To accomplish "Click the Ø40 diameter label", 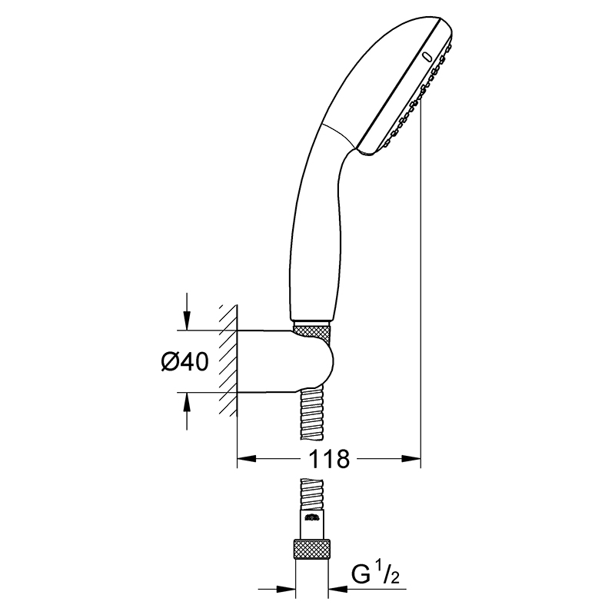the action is [184, 361].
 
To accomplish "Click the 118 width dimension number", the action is [329, 458].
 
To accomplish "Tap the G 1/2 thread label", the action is [374, 574].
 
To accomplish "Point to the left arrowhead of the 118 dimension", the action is [247, 457].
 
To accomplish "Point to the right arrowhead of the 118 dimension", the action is [411, 457].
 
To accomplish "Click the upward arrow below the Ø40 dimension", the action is [187, 411].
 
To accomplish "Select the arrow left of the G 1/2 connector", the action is [277, 589].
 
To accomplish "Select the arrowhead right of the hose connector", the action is [338, 589].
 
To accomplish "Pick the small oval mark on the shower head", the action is [427, 58].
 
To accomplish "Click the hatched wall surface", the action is [228, 361].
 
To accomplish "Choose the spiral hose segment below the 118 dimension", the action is [312, 494].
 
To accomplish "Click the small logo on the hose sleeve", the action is [312, 517].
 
